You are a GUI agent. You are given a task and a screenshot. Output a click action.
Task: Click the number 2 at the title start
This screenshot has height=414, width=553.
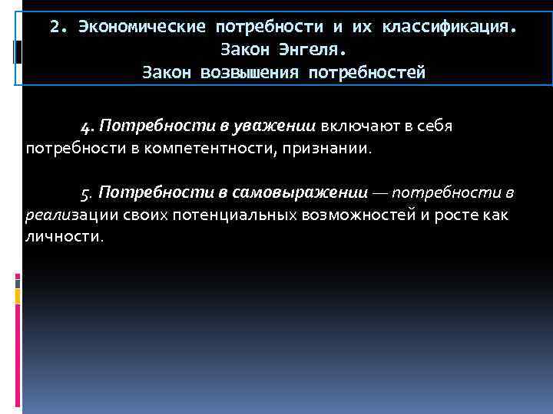(55, 28)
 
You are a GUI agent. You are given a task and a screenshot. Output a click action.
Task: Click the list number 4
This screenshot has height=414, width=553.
(85, 125)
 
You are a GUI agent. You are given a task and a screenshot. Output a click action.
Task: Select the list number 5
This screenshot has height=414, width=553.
(85, 192)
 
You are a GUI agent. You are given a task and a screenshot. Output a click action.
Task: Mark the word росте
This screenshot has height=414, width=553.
(459, 214)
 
